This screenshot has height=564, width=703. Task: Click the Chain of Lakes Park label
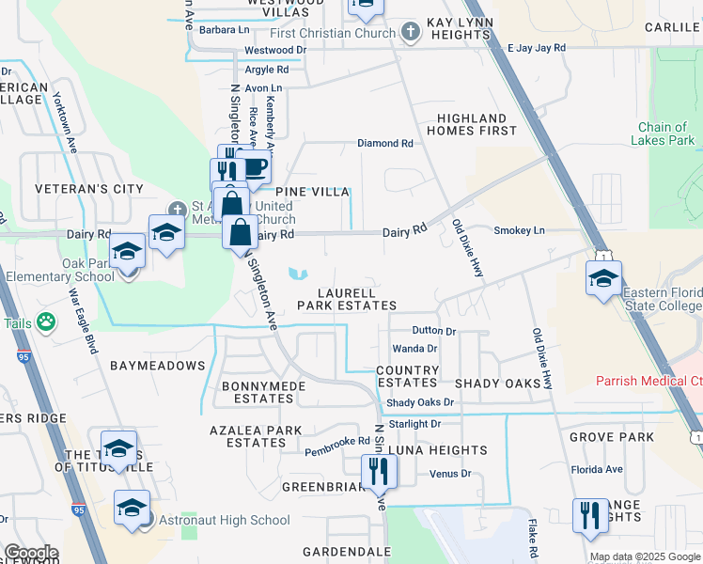point(666,133)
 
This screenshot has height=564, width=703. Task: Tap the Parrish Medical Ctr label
point(649,381)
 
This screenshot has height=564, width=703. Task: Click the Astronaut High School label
point(224,520)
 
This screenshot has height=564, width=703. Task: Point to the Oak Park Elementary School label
point(60,270)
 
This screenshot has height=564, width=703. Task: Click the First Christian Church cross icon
point(409,33)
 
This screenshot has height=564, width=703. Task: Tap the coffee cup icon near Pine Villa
point(256,168)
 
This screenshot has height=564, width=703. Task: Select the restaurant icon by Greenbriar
point(379,470)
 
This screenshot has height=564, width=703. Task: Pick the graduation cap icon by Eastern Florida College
point(602,277)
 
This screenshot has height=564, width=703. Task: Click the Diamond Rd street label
point(385,144)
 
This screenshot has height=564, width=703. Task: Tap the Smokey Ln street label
point(520,230)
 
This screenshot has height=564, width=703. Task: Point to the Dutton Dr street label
point(434,331)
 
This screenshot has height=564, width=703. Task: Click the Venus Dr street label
point(450,473)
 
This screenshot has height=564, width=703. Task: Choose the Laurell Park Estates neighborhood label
point(348,298)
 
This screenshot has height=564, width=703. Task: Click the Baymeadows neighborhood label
point(157,365)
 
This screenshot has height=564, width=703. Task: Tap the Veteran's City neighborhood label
point(89,189)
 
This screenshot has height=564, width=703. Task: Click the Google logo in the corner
point(30,553)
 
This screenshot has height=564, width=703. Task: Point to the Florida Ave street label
point(597,469)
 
